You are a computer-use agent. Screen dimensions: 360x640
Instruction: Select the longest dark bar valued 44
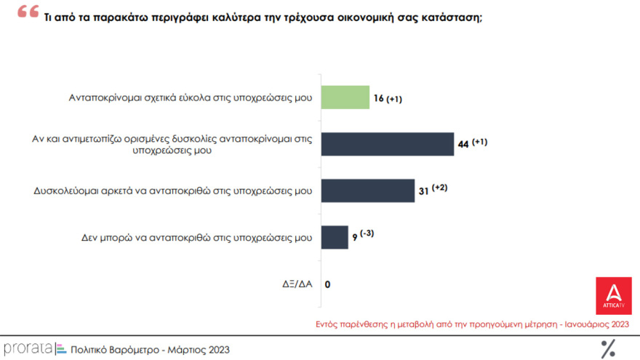[387, 144]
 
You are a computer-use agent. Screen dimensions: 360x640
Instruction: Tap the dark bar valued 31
[367, 191]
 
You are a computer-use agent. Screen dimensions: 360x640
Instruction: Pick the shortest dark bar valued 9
[335, 237]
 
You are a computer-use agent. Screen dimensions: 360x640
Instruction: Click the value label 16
[380, 99]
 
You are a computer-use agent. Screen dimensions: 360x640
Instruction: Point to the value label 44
[463, 145]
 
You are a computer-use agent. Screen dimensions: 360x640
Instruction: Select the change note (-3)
[367, 234]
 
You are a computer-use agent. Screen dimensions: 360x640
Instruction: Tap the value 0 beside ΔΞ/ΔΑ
[327, 284]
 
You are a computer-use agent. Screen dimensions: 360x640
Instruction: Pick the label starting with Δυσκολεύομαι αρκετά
[173, 191]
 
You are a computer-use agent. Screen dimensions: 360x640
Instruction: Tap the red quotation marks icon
[28, 13]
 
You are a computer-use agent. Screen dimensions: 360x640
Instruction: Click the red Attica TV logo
[613, 295]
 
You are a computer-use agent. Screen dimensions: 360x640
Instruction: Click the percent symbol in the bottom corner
[607, 349]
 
